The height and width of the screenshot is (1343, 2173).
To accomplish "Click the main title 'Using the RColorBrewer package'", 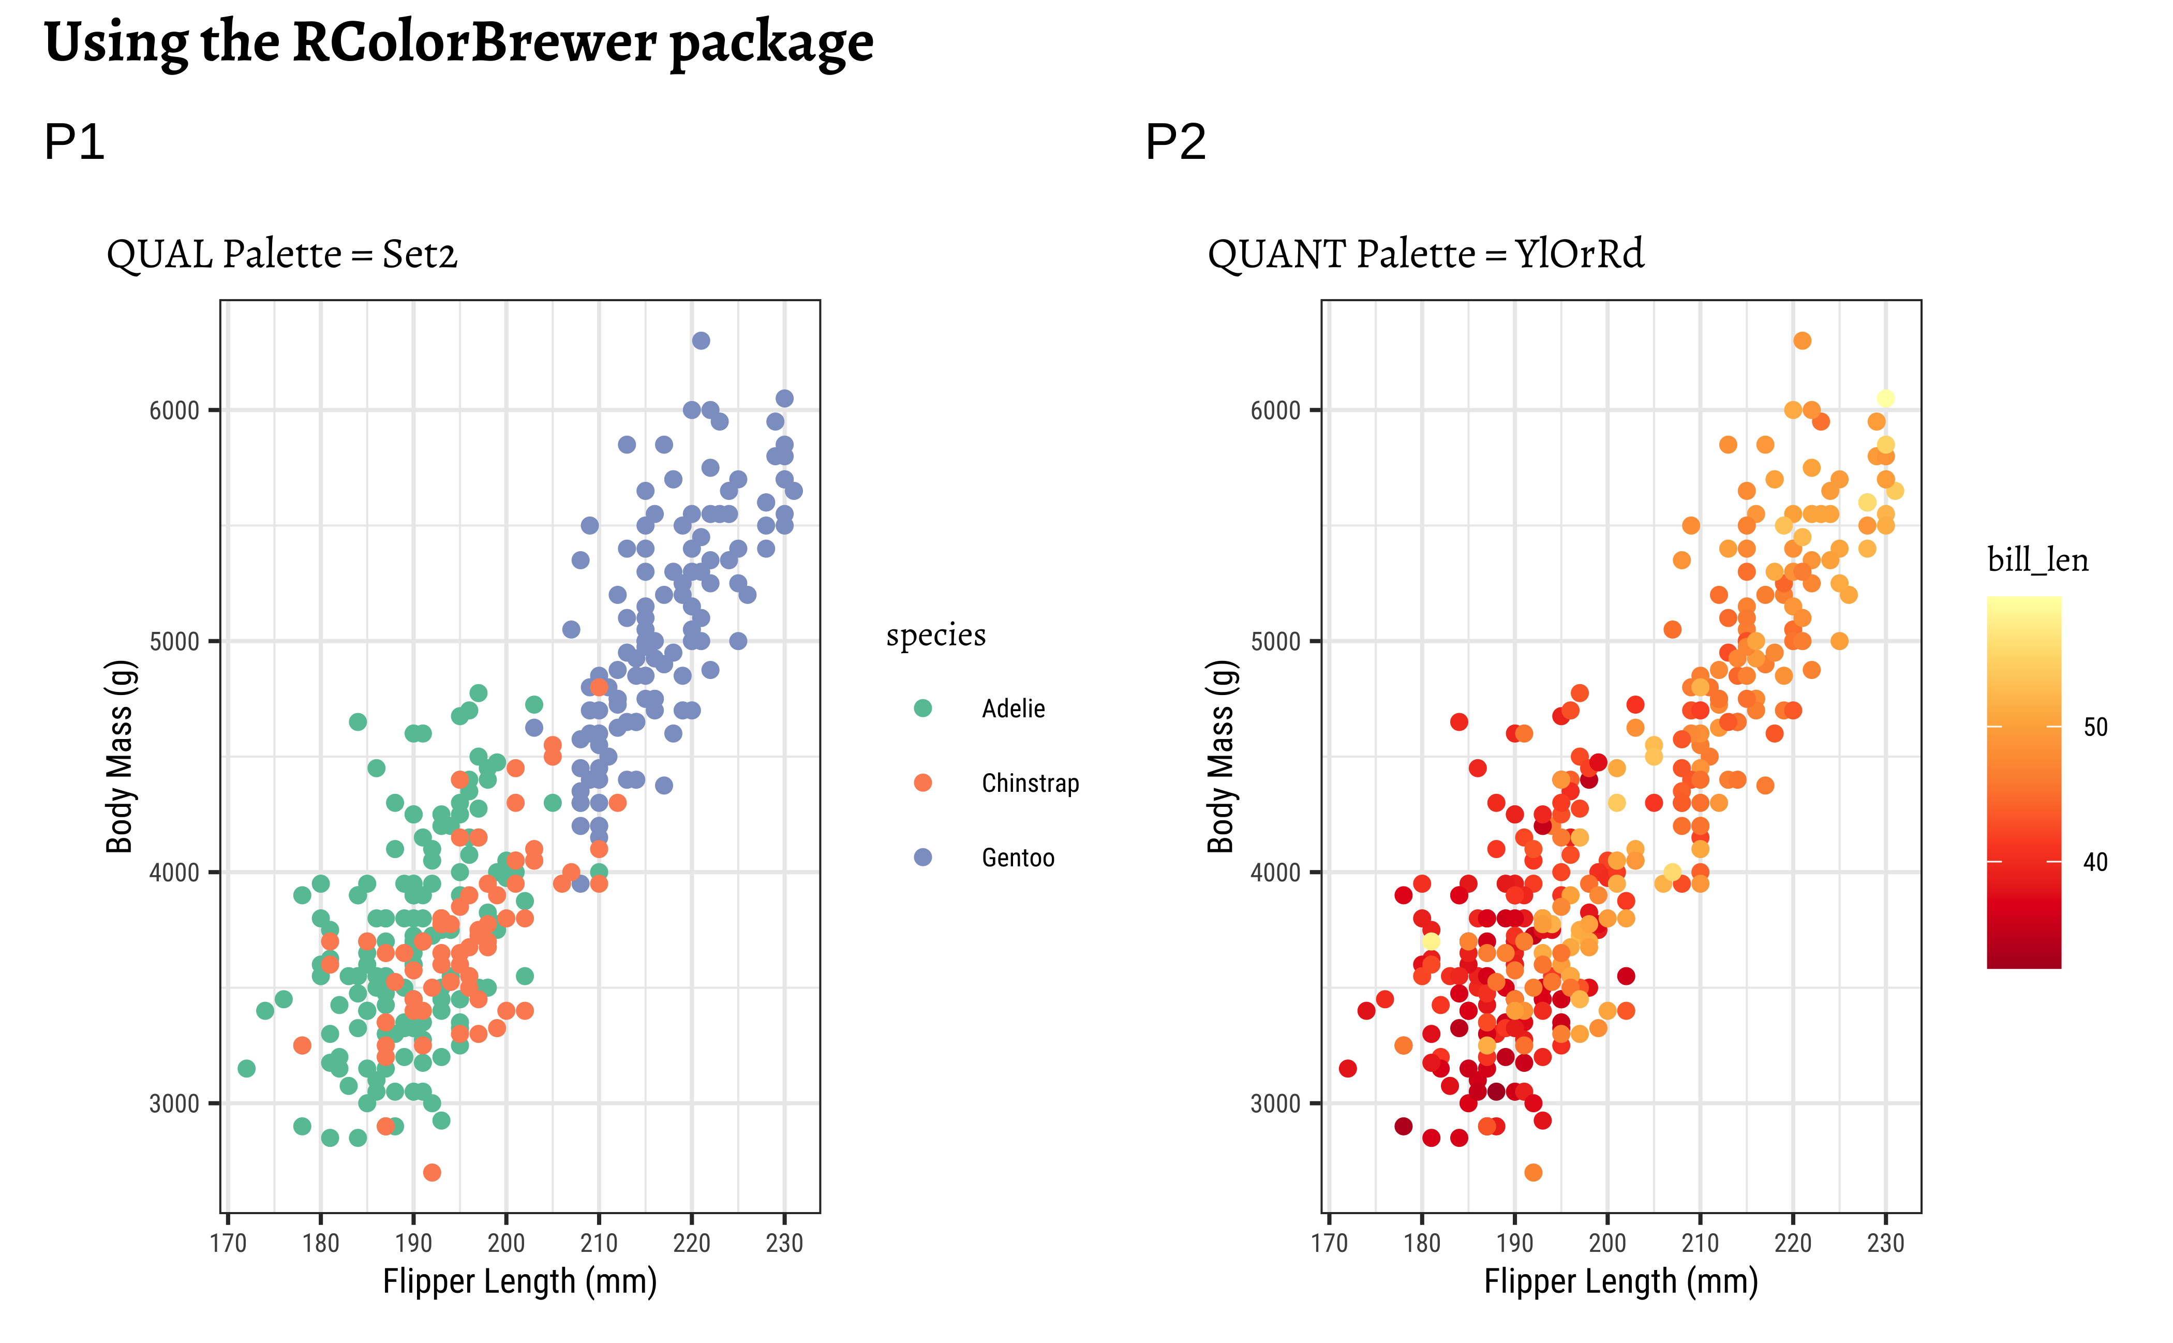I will [x=458, y=42].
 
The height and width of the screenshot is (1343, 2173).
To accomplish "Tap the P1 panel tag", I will [x=75, y=142].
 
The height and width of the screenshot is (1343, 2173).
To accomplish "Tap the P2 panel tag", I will [x=1175, y=142].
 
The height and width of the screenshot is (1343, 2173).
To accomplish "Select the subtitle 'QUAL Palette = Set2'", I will [x=281, y=255].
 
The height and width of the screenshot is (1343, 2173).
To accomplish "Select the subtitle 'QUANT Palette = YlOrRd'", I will [x=1425, y=255].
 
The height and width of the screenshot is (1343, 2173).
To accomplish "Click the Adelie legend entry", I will [x=1013, y=709].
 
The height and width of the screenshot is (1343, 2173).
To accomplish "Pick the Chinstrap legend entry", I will [x=1030, y=784].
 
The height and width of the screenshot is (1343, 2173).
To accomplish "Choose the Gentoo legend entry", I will [x=1018, y=858].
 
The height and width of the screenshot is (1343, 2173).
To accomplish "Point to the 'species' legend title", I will [x=936, y=635].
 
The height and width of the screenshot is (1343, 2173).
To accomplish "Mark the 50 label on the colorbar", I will [x=2095, y=728].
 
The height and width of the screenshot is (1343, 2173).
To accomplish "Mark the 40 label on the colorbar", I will [x=2095, y=862].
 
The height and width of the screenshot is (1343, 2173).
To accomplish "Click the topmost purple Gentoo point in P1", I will [x=701, y=340].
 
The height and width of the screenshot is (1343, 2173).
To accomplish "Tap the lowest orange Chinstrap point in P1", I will [x=431, y=1172].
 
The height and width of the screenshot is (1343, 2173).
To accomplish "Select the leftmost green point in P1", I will [x=246, y=1069].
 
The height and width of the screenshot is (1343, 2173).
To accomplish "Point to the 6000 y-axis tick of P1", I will [x=174, y=410].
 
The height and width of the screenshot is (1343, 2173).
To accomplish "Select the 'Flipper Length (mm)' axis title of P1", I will [x=519, y=1282].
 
